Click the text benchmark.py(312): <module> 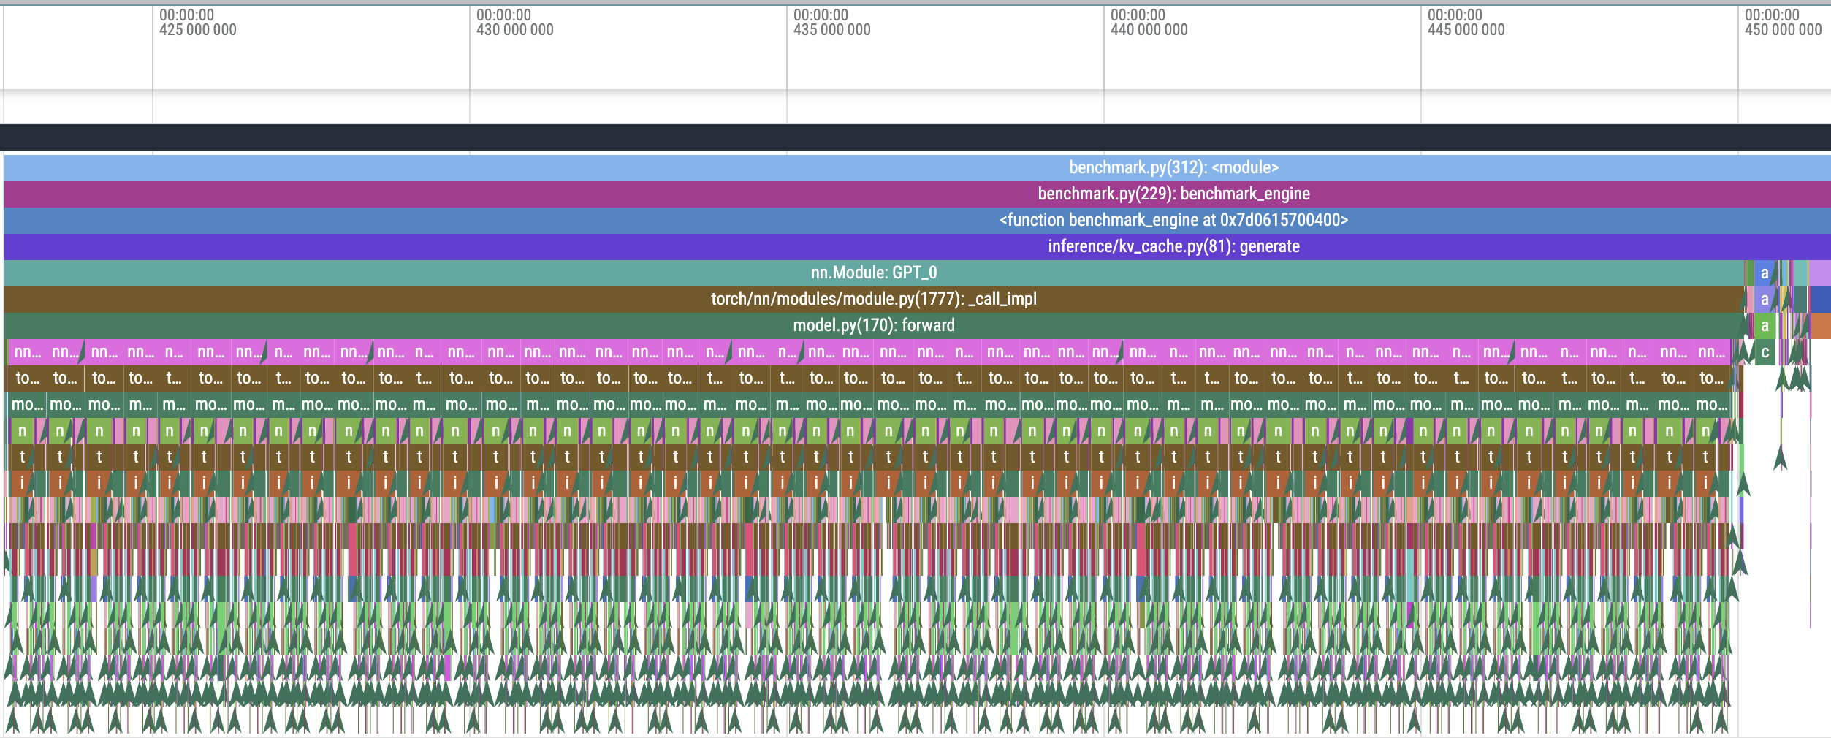(x=1173, y=167)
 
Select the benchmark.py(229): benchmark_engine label (x=1173, y=194)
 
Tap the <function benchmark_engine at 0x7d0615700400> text (x=1173, y=220)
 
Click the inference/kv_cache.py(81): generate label (x=1173, y=246)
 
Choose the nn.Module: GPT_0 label (x=873, y=273)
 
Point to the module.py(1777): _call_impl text (x=873, y=299)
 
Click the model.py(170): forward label (x=873, y=325)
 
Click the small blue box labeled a (x=1765, y=273)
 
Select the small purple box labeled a (x=1765, y=300)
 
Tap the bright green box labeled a (x=1765, y=326)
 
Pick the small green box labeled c (x=1765, y=352)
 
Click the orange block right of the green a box (x=1820, y=326)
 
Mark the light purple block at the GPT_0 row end (x=1820, y=273)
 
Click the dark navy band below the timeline (x=913, y=137)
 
